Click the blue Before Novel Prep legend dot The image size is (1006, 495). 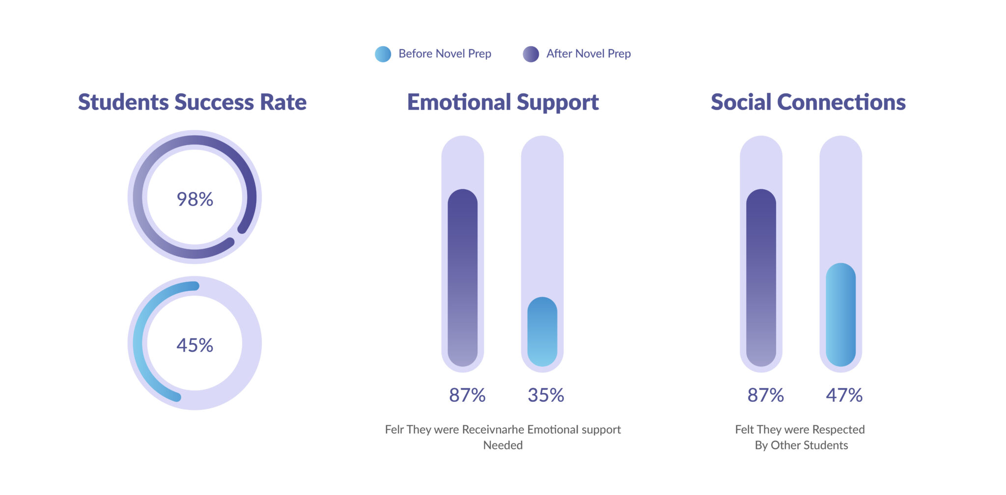pos(383,54)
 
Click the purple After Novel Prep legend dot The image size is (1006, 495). pos(531,54)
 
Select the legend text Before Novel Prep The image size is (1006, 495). pos(445,53)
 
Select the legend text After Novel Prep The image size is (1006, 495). pos(588,53)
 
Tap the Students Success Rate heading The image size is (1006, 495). pos(192,102)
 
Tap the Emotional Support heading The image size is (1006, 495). pos(503,102)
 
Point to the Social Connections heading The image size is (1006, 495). pos(808,102)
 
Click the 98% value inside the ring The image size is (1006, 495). pos(195,199)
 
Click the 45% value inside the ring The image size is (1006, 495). pos(195,345)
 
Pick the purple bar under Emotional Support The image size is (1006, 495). pos(462,277)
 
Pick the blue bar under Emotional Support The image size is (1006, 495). pos(542,332)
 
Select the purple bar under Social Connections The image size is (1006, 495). pos(761,277)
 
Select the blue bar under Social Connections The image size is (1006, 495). pos(840,314)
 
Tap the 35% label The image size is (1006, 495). pos(546,395)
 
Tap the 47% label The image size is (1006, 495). pos(844,395)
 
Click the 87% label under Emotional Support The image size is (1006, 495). pos(467,395)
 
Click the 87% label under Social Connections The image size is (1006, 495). pos(765,395)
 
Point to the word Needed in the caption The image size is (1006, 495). pos(503,445)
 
